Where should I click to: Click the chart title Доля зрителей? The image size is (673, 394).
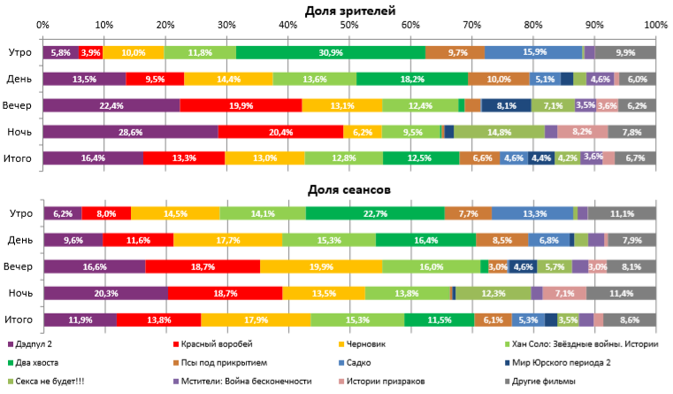pos(349,11)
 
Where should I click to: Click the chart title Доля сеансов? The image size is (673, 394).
pos(349,189)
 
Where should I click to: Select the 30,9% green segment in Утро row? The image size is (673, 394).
pos(331,53)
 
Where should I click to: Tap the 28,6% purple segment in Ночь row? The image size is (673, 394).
pos(130,132)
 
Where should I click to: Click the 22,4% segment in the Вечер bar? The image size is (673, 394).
pos(111,105)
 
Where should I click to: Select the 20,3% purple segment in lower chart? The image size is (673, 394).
pos(104,293)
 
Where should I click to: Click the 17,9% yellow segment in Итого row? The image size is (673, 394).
pos(256,320)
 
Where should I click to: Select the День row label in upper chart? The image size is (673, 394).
pos(20,79)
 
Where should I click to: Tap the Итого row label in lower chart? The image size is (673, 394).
pos(19,320)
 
